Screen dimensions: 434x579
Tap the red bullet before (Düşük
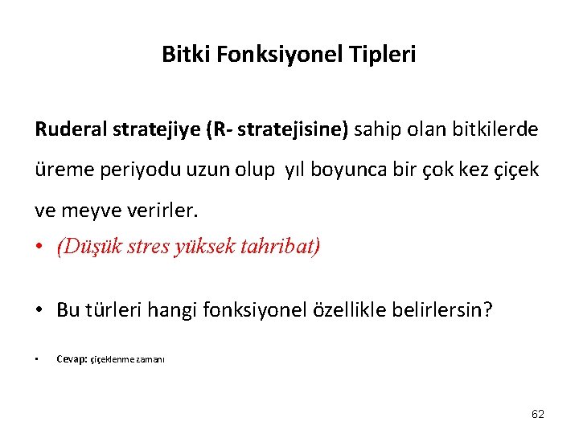[x=40, y=246]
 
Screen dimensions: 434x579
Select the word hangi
[x=187, y=310]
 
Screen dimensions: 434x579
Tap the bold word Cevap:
[x=72, y=359]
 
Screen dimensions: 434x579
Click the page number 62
[x=538, y=414]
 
